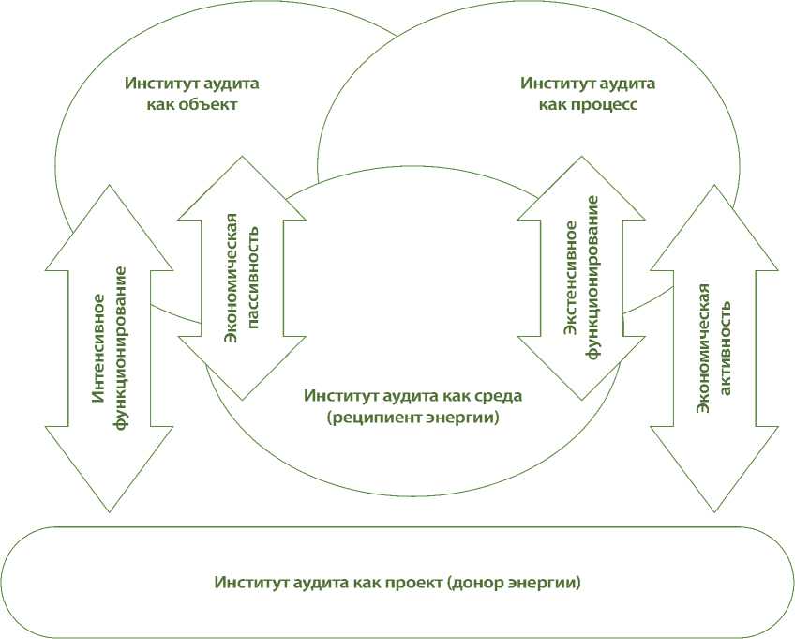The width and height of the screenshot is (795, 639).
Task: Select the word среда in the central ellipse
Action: pyautogui.click(x=502, y=395)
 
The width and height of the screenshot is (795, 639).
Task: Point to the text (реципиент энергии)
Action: pyautogui.click(x=412, y=418)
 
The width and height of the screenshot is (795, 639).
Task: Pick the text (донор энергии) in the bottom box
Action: pyautogui.click(x=516, y=583)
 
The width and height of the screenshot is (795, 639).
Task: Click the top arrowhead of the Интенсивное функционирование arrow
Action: pyautogui.click(x=110, y=216)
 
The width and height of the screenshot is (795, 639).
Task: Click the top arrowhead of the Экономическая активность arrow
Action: pyautogui.click(x=714, y=216)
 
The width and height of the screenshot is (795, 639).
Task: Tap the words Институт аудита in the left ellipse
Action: pyautogui.click(x=192, y=83)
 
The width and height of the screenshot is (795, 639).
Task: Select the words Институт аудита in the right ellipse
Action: pyautogui.click(x=588, y=83)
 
